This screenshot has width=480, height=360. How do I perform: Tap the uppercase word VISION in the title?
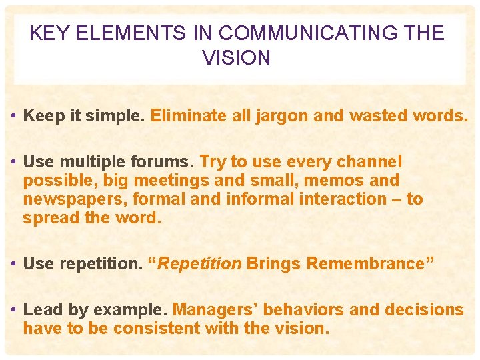tap(237, 59)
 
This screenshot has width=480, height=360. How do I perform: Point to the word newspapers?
tap(75, 199)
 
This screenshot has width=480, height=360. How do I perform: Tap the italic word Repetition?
tap(199, 264)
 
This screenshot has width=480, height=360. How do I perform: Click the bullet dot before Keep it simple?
tap(14, 117)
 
